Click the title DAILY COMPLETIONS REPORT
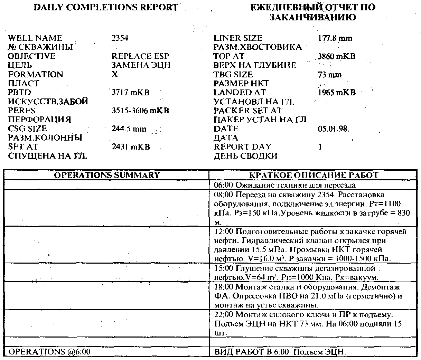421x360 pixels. pyautogui.click(x=106, y=7)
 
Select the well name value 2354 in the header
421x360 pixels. pyautogui.click(x=120, y=38)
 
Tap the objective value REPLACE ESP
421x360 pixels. pyautogui.click(x=140, y=56)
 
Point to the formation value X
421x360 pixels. pyautogui.click(x=115, y=75)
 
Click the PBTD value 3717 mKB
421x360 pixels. pyautogui.click(x=130, y=93)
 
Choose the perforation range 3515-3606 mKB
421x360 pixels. pyautogui.click(x=140, y=111)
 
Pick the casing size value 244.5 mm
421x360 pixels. pyautogui.click(x=129, y=129)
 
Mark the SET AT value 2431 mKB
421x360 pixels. pyautogui.click(x=131, y=147)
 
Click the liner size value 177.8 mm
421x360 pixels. pyautogui.click(x=335, y=38)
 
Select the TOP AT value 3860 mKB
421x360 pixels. pyautogui.click(x=336, y=56)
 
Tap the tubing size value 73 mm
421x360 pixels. pyautogui.click(x=329, y=75)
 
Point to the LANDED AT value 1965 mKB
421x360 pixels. pyautogui.click(x=336, y=93)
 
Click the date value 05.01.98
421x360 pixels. pyautogui.click(x=333, y=129)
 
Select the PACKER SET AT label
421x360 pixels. pyautogui.click(x=247, y=111)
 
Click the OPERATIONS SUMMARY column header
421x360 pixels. pyautogui.click(x=107, y=175)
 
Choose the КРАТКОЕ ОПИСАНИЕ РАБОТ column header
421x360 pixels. pyautogui.click(x=314, y=175)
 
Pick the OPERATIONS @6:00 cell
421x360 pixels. pyautogui.click(x=49, y=352)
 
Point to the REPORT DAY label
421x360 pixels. pyautogui.click(x=242, y=147)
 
